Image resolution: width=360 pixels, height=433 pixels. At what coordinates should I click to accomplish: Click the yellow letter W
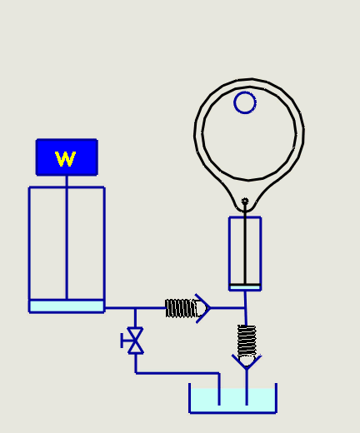click(65, 159)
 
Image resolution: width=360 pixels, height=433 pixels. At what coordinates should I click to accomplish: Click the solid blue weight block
click(67, 157)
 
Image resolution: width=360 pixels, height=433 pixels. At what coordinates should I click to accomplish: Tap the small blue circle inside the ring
click(245, 102)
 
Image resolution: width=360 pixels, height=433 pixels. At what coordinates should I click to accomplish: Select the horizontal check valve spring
click(181, 308)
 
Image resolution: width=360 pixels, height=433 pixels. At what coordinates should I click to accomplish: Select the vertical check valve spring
click(247, 341)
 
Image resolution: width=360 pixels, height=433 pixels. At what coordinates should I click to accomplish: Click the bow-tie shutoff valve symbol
click(135, 341)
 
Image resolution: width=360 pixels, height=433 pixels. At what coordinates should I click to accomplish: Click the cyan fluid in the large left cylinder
click(67, 306)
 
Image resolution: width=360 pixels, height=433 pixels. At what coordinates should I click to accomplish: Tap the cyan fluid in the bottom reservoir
click(232, 401)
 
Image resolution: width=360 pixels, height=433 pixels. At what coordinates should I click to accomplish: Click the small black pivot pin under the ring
click(245, 201)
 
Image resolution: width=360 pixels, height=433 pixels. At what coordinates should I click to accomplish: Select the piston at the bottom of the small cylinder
click(245, 287)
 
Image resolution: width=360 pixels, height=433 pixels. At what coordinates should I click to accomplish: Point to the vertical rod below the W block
click(67, 237)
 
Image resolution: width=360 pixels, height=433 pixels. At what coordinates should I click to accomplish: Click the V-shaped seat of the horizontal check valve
click(203, 308)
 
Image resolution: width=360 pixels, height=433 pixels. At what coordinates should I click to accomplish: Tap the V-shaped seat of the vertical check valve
click(247, 362)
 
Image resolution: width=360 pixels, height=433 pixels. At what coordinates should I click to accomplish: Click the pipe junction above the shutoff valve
click(135, 308)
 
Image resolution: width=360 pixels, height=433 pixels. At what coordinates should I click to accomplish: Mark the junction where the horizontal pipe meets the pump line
click(245, 308)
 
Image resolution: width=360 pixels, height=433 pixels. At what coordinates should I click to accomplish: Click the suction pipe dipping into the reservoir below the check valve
click(247, 387)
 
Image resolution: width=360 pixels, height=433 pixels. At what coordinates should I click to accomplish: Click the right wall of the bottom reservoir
click(276, 398)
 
